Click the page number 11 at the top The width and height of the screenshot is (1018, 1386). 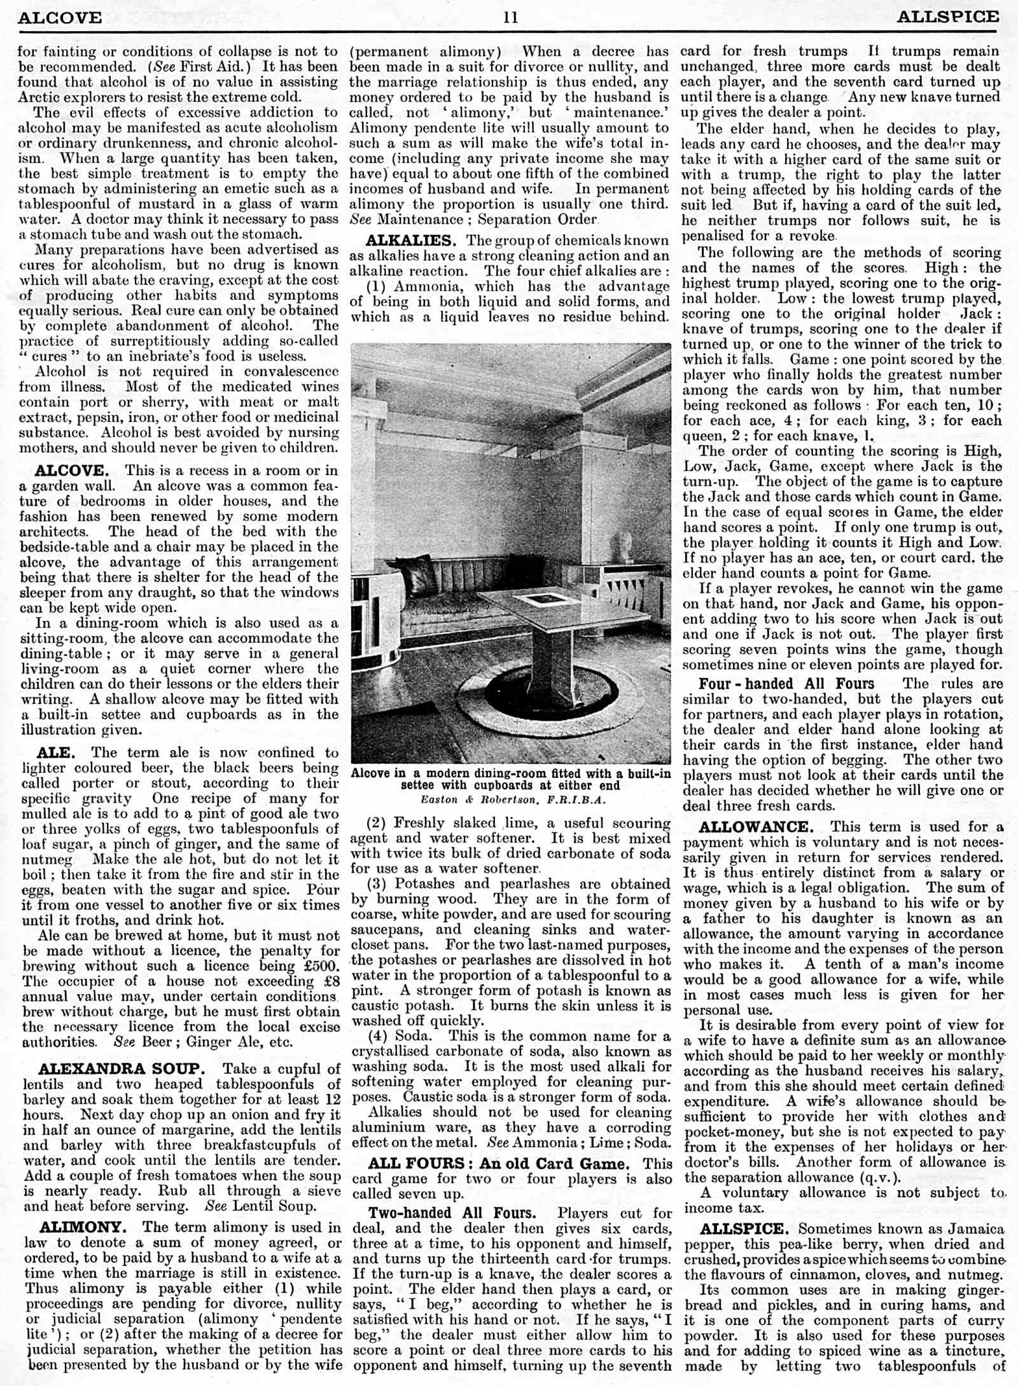tap(510, 17)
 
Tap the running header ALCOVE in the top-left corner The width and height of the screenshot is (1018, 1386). tap(60, 17)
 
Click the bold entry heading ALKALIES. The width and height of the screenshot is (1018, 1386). tap(411, 240)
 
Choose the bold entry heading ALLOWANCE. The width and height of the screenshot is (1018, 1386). tap(756, 827)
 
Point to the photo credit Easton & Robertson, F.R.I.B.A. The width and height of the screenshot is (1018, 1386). tap(513, 800)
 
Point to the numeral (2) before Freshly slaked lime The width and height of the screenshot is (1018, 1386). tap(378, 823)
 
